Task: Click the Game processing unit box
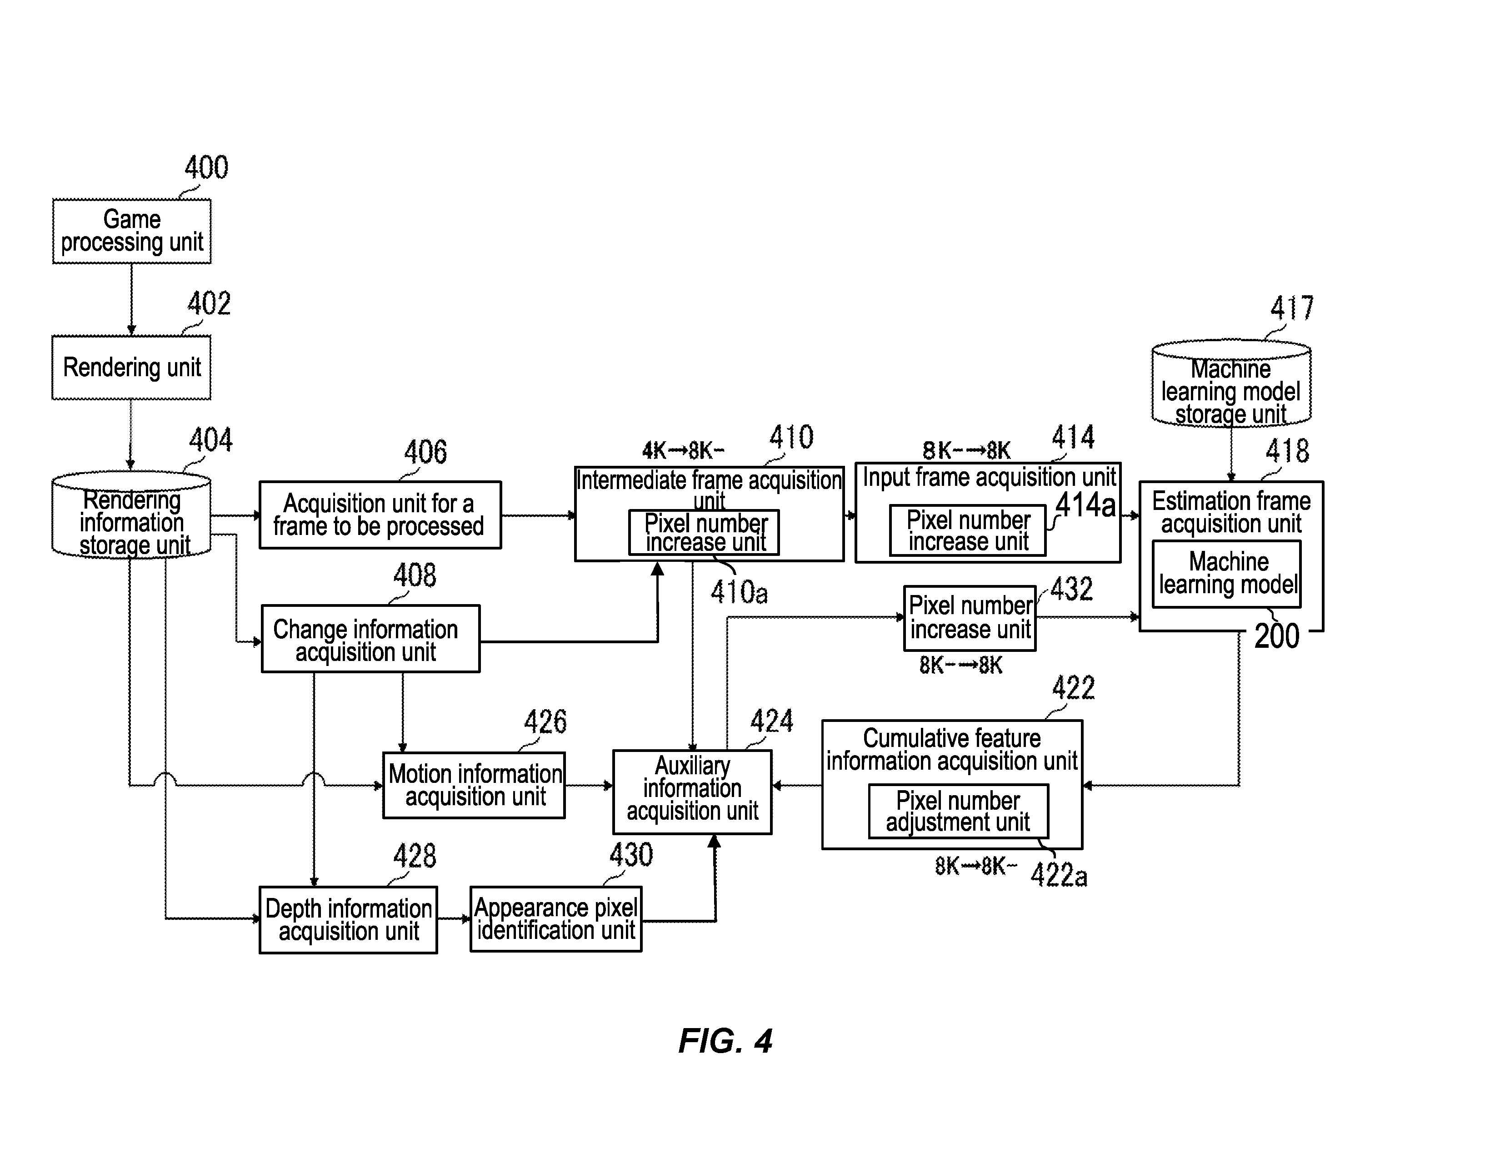coord(132,232)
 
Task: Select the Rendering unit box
coord(132,368)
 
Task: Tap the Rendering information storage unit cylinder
coord(132,515)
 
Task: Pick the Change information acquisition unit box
coord(371,639)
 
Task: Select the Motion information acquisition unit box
coord(474,786)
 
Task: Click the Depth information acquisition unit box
coord(348,920)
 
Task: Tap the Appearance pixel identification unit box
coord(556,919)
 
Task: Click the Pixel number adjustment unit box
coord(959,812)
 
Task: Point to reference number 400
coord(206,168)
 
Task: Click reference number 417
coord(1292,308)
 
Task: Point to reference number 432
coord(1071,589)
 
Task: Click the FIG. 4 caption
coord(725,1041)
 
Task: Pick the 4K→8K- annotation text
coord(683,451)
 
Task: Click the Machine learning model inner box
coord(1227,574)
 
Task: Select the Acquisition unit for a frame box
coord(380,514)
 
